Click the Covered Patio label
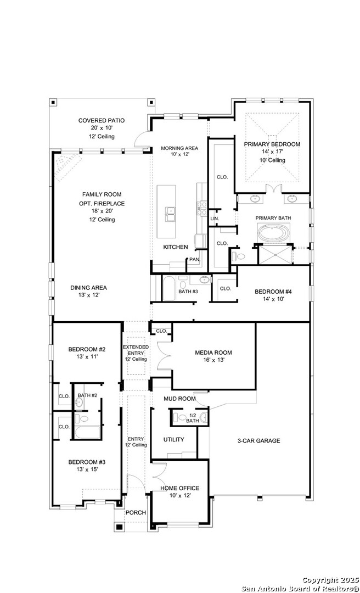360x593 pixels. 102,121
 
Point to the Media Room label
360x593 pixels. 213,353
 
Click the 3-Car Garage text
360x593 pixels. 258,440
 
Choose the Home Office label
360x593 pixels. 179,488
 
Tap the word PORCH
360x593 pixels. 136,512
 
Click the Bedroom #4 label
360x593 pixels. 273,292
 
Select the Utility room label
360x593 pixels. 173,439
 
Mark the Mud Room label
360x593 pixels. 179,399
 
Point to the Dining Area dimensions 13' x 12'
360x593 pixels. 88,295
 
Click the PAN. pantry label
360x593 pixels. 195,260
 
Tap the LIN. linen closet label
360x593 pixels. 215,219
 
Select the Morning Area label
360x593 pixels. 179,148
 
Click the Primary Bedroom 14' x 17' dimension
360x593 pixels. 272,152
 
